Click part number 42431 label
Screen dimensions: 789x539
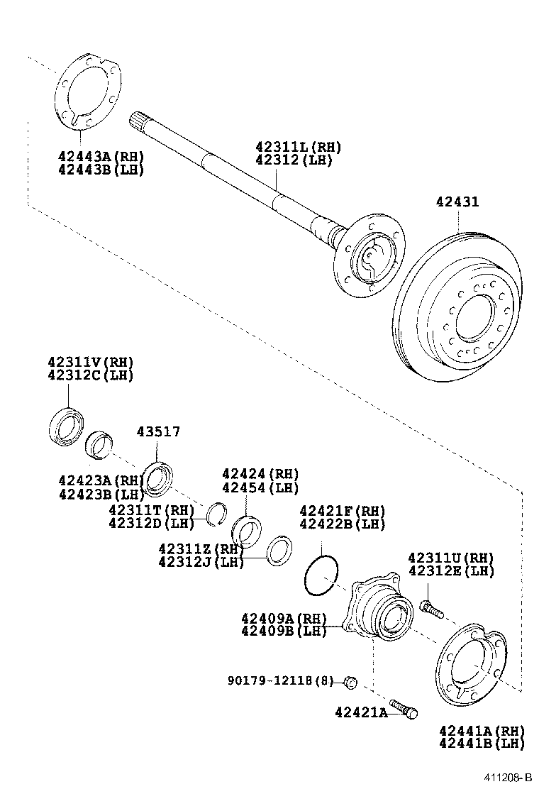click(x=457, y=202)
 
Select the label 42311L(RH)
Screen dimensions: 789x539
click(x=298, y=148)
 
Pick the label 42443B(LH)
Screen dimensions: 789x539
click(x=101, y=170)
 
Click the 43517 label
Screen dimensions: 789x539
click(x=158, y=431)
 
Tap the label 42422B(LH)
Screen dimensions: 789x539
click(x=342, y=524)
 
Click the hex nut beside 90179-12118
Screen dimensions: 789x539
click(x=349, y=682)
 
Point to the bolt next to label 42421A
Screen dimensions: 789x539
click(x=404, y=709)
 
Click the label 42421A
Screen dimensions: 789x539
click(x=361, y=712)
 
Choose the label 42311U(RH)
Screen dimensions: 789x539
click(x=450, y=558)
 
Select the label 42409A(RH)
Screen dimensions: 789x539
click(x=283, y=618)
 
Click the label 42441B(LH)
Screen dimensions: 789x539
click(x=481, y=743)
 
